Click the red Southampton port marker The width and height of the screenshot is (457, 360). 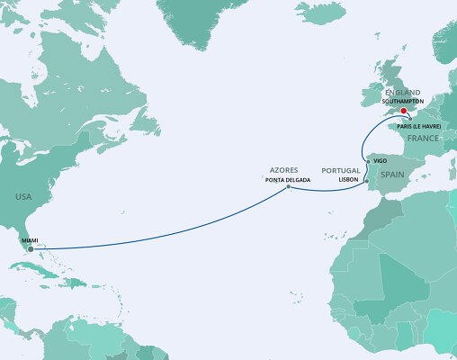pyautogui.click(x=403, y=112)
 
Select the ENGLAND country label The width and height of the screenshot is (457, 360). pyautogui.click(x=401, y=93)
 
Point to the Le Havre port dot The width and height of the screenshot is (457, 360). pyautogui.click(x=410, y=119)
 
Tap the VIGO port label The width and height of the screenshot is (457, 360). pyautogui.click(x=380, y=159)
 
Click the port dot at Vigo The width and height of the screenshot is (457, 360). pyautogui.click(x=369, y=160)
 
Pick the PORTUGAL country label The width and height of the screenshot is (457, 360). pyautogui.click(x=341, y=170)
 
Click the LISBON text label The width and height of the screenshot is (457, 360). pyautogui.click(x=349, y=179)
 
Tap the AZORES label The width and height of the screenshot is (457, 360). pyautogui.click(x=283, y=170)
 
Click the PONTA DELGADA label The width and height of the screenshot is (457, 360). pyautogui.click(x=286, y=179)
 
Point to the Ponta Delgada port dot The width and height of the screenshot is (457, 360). pyautogui.click(x=288, y=189)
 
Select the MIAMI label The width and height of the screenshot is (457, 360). pyautogui.click(x=30, y=239)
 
